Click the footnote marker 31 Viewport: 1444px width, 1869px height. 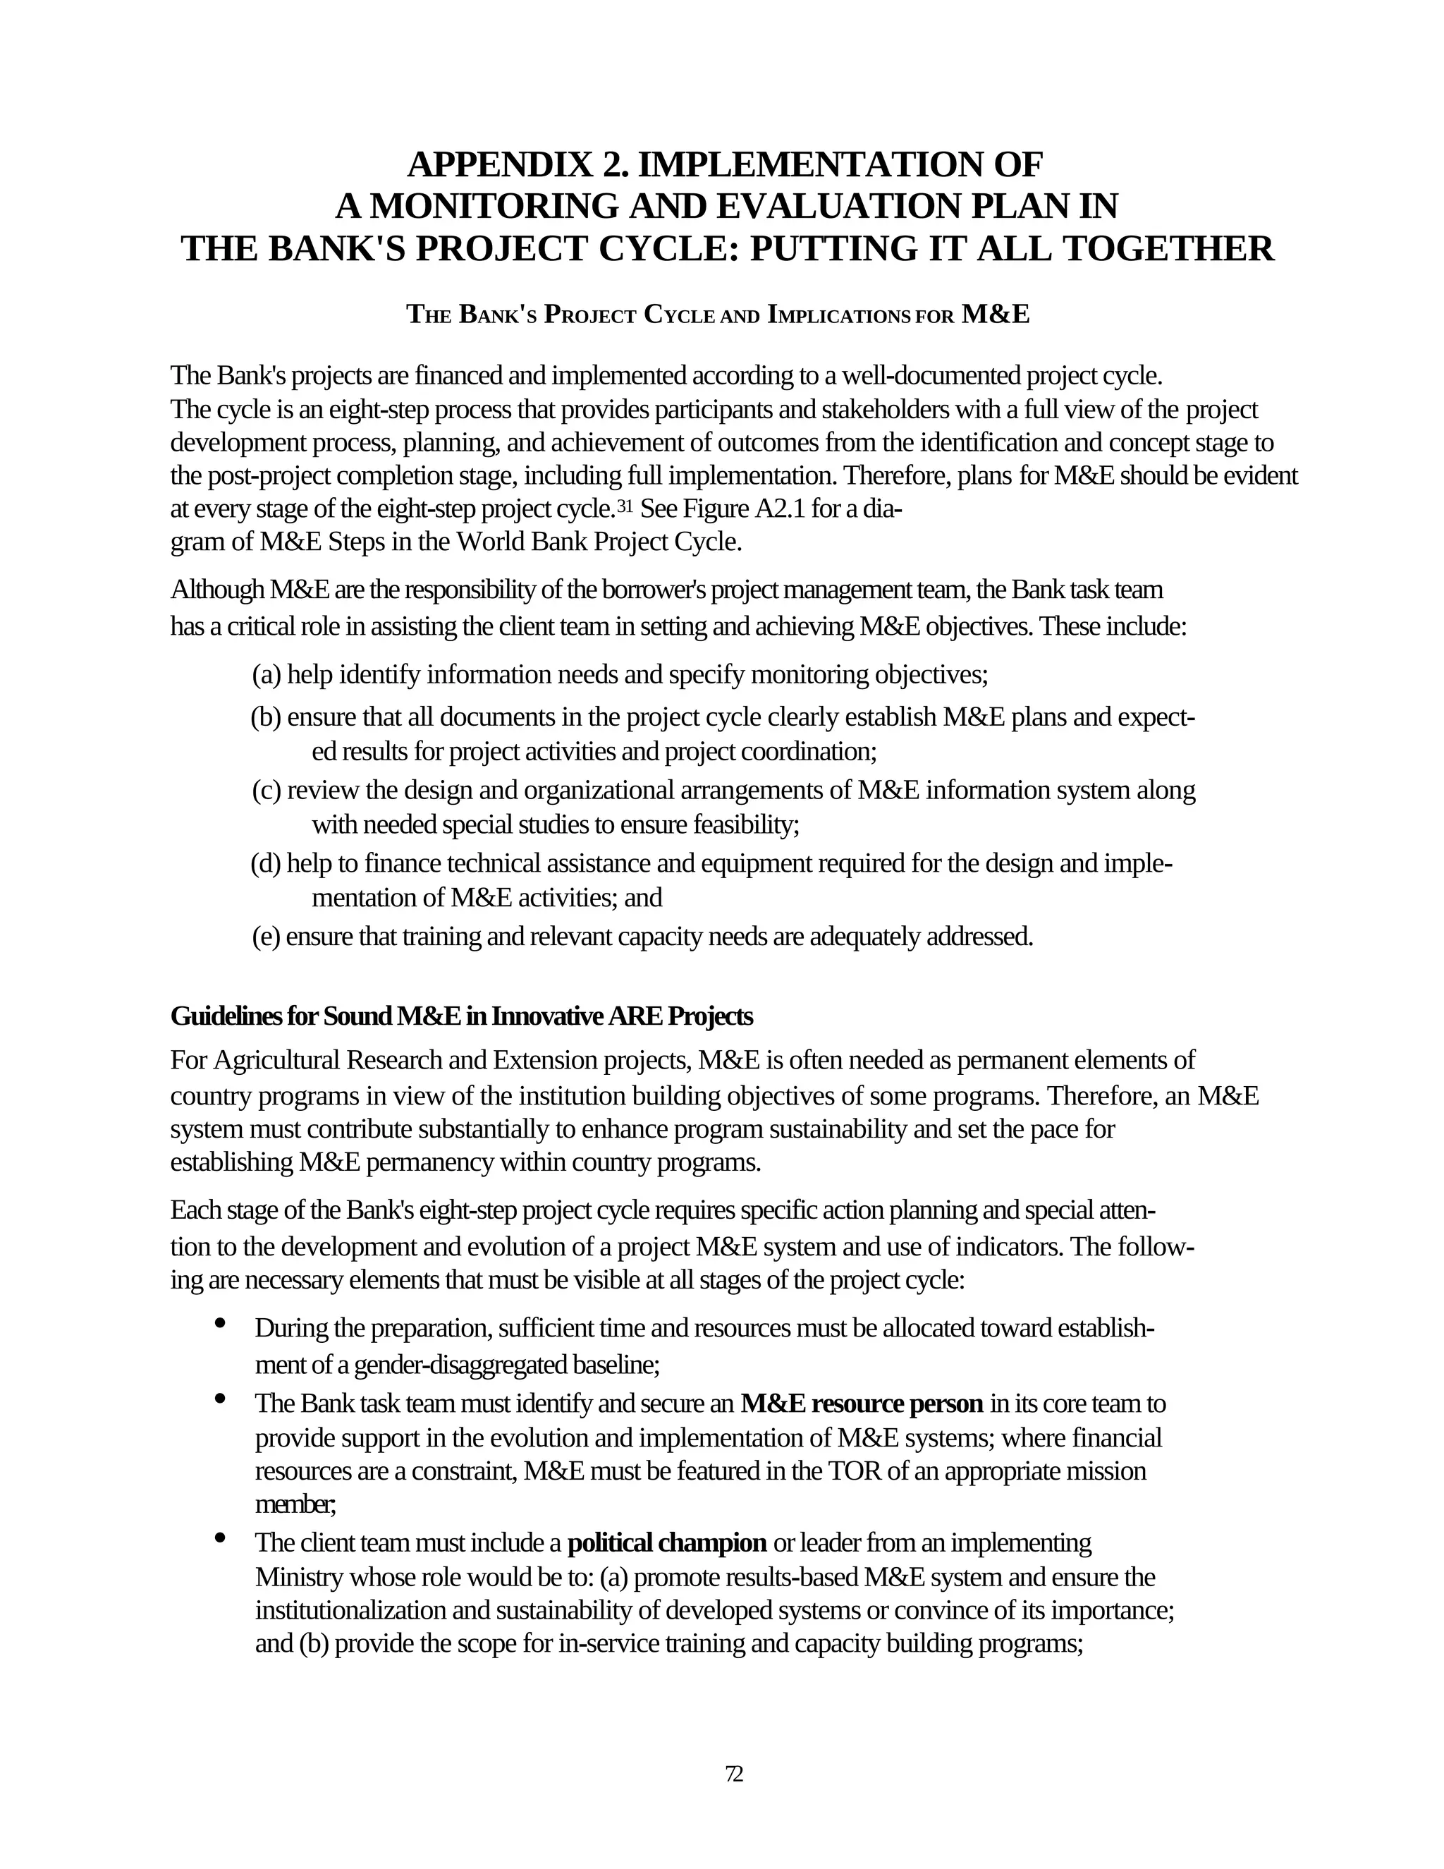(x=625, y=506)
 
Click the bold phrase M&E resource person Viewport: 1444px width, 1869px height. (x=862, y=1404)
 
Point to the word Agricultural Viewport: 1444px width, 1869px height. (x=277, y=1060)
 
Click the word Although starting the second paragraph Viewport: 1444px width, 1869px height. (x=217, y=590)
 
